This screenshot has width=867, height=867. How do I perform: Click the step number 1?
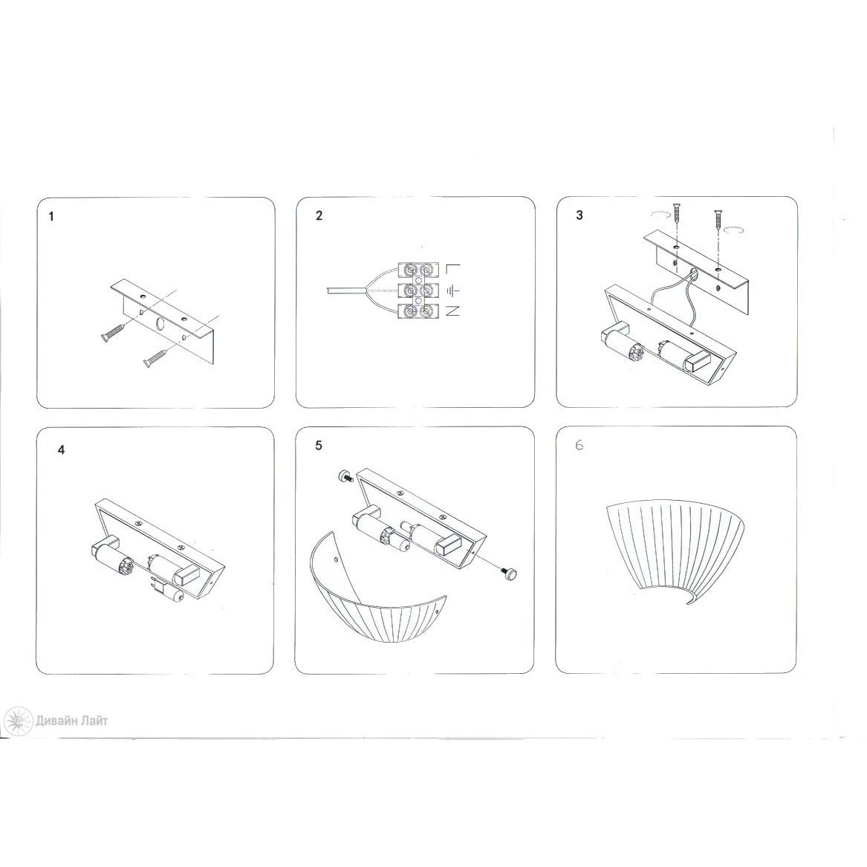click(51, 217)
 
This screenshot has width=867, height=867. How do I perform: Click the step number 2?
click(319, 215)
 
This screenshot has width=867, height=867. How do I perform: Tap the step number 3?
click(579, 215)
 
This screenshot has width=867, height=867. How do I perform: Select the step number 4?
click(62, 450)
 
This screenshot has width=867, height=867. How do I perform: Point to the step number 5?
click(319, 446)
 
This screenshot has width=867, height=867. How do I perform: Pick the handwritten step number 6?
click(579, 446)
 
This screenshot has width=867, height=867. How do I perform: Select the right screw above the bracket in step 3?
click(718, 220)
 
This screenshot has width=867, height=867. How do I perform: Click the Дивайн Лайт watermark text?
click(72, 721)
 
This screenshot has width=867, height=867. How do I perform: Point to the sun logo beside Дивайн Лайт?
click(17, 721)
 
